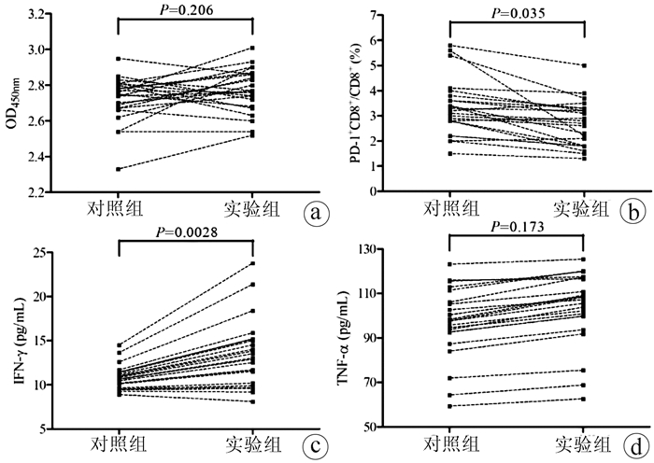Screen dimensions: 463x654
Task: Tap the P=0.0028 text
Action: coord(186,231)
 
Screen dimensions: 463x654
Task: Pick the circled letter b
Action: coord(633,211)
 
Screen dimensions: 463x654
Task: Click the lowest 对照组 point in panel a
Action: coord(119,169)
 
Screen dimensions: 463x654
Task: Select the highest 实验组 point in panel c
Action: coord(253,263)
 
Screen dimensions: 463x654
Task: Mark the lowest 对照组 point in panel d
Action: coord(449,406)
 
